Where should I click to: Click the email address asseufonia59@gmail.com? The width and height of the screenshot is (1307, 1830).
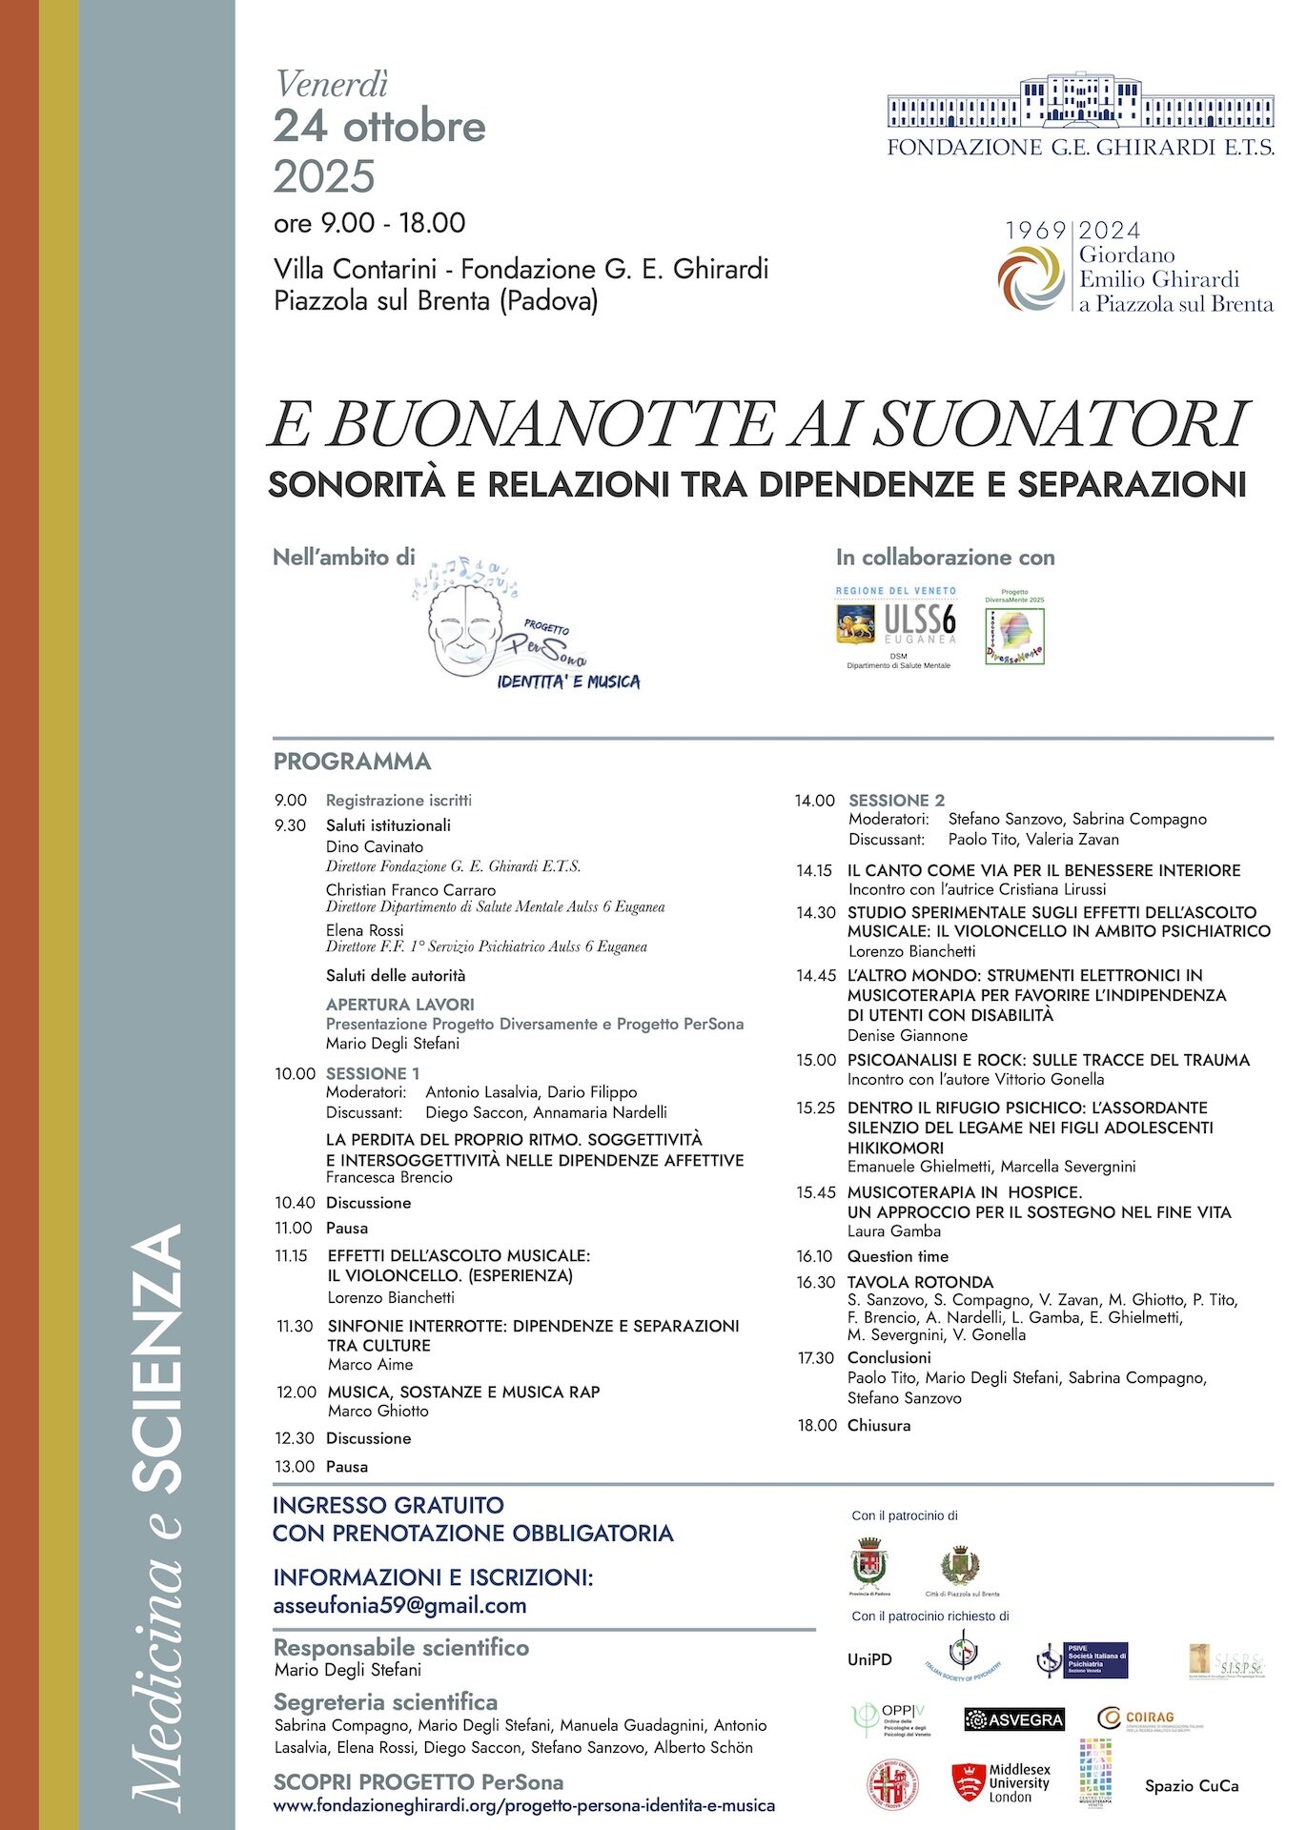pyautogui.click(x=399, y=1605)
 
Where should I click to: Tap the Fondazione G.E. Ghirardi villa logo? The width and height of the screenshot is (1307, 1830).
pyautogui.click(x=1080, y=105)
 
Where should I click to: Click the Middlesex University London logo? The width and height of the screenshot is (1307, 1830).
pyautogui.click(x=1001, y=1782)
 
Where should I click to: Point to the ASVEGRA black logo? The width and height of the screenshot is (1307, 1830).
pyautogui.click(x=1013, y=1719)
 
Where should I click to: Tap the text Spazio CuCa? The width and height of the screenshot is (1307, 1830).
pyautogui.click(x=1192, y=1786)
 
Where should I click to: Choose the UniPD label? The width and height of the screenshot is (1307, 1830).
pyautogui.click(x=869, y=1659)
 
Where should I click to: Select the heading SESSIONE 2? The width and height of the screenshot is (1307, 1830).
pyautogui.click(x=896, y=800)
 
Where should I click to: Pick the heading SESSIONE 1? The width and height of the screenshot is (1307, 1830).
pyautogui.click(x=372, y=1073)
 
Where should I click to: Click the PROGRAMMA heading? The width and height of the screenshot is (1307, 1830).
pyautogui.click(x=352, y=762)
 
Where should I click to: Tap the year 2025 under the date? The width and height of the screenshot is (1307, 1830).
pyautogui.click(x=324, y=176)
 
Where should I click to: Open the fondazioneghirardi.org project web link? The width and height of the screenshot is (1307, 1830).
pyautogui.click(x=523, y=1805)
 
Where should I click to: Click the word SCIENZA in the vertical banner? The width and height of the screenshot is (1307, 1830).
pyautogui.click(x=157, y=1358)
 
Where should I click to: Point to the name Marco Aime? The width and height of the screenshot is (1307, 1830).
pyautogui.click(x=370, y=1365)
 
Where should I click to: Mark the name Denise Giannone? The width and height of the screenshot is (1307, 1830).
pyautogui.click(x=907, y=1035)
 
